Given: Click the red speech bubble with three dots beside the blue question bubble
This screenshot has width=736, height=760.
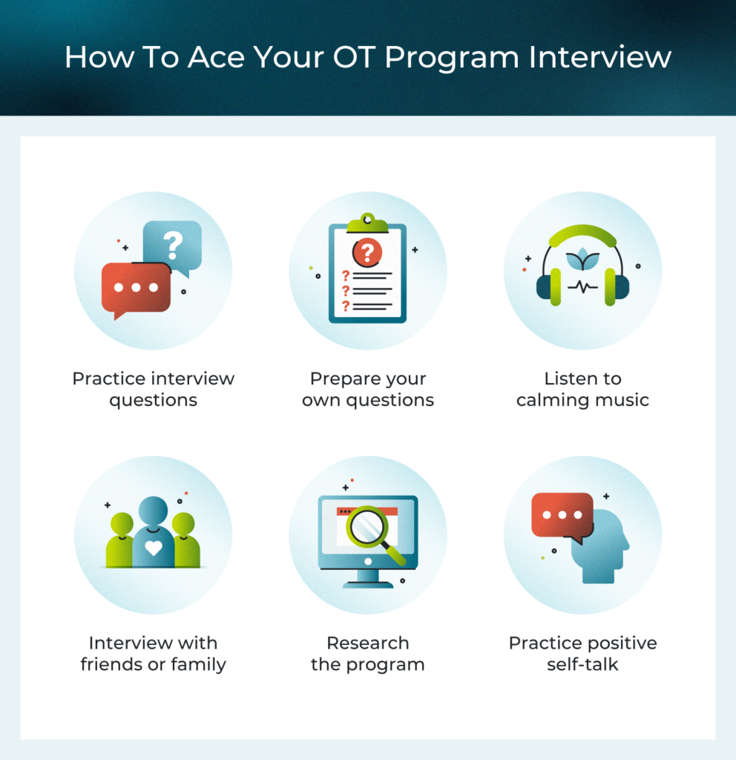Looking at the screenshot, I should (137, 288).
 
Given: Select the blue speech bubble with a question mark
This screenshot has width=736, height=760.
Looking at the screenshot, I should (173, 243).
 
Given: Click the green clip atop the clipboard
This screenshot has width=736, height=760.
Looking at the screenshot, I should (367, 223).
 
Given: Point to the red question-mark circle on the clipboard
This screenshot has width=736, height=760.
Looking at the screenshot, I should (367, 252).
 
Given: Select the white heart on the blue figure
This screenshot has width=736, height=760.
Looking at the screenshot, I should (153, 548).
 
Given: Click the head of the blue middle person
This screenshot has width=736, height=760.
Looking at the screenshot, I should (153, 511).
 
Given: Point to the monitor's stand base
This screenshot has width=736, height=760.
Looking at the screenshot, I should (368, 583).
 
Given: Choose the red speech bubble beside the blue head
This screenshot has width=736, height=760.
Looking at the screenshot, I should (562, 514).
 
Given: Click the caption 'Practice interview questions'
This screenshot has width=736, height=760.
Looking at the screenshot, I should (153, 389).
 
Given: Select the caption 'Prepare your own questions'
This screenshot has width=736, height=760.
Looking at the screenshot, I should (368, 389).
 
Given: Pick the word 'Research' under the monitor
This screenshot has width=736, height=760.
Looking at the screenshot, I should (368, 643).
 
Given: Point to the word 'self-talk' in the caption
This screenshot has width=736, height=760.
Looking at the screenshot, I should (582, 664).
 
